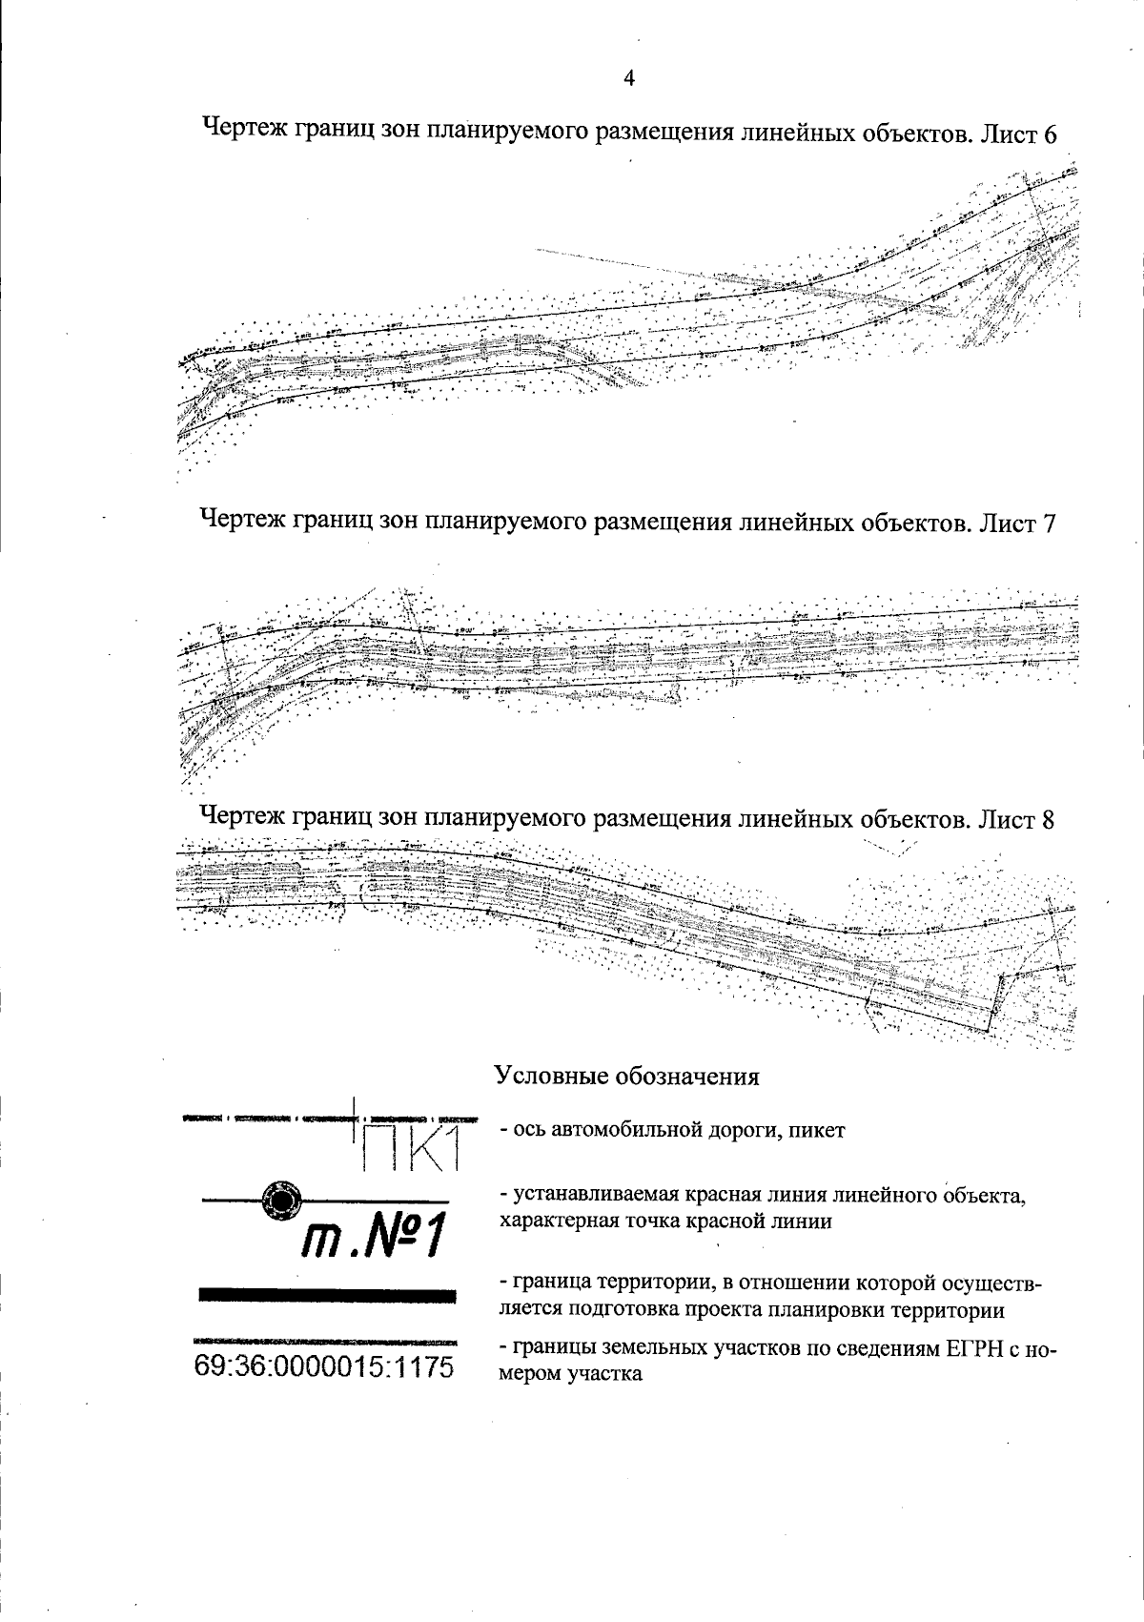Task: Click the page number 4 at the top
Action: [x=628, y=79]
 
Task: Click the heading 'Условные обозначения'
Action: [x=626, y=1077]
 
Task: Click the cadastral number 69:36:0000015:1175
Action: [x=324, y=1366]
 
